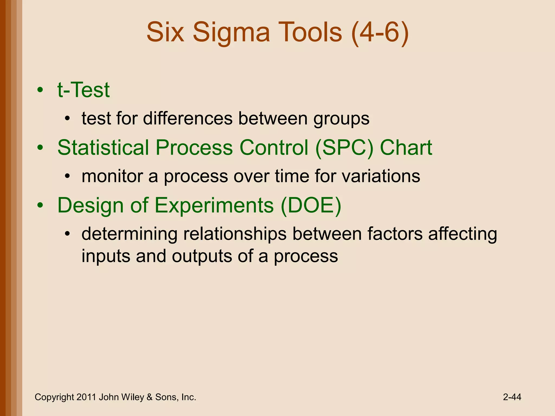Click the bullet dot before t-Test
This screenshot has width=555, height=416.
point(40,90)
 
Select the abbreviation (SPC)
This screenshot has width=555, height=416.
point(344,148)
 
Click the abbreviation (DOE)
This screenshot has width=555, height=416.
point(311,205)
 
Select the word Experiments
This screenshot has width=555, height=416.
point(214,206)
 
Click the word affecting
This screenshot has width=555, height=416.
point(463,234)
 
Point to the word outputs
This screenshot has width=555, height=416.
point(202,256)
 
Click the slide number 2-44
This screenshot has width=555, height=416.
point(512,397)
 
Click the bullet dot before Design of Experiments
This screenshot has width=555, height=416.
point(40,206)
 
